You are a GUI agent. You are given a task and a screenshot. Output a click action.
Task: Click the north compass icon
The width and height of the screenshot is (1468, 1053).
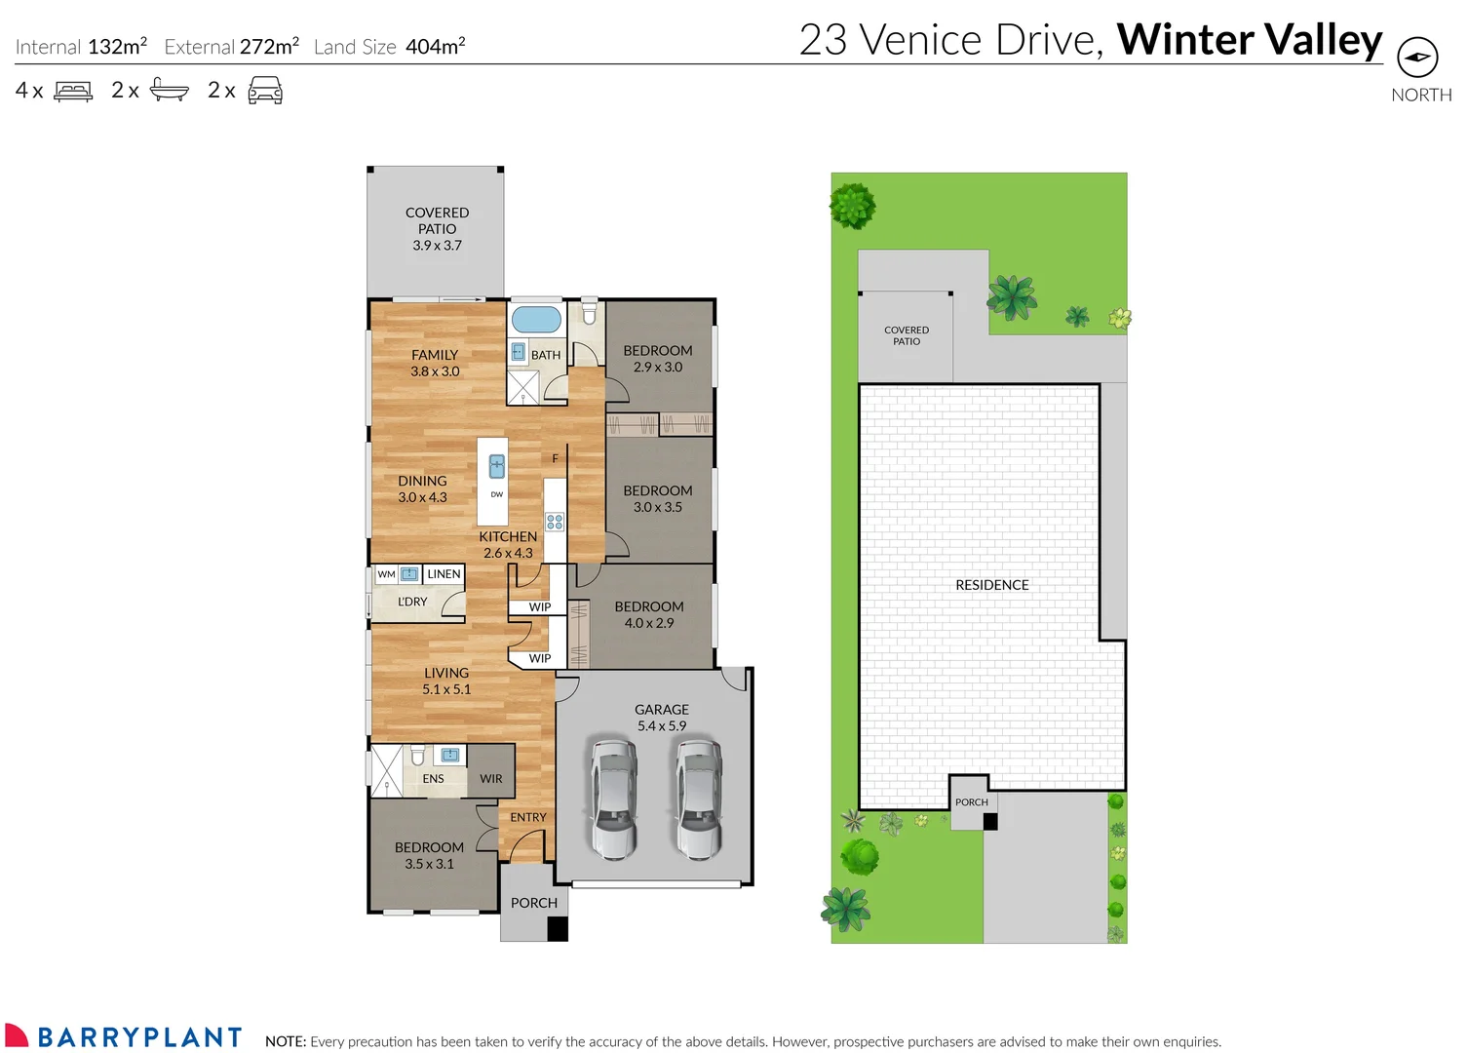(1417, 58)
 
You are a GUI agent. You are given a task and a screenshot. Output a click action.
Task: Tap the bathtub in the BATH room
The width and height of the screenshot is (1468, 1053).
(536, 319)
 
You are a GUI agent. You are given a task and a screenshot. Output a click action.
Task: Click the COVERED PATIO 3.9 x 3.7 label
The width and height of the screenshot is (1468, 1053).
(437, 229)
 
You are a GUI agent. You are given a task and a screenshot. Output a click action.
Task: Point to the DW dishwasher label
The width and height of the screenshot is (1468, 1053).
(497, 494)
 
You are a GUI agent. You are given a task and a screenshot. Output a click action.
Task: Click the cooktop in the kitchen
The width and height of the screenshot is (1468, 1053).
(555, 522)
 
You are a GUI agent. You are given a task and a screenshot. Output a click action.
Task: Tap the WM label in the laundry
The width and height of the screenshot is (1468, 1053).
(387, 574)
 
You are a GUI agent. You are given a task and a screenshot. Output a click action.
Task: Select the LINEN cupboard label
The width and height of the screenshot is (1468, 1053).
(444, 574)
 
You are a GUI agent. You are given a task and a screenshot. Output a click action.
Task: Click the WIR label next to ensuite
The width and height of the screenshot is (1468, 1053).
(491, 779)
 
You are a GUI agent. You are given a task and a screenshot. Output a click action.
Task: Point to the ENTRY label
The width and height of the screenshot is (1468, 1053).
(528, 817)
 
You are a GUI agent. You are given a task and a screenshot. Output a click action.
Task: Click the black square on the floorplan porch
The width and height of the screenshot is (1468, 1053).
(558, 929)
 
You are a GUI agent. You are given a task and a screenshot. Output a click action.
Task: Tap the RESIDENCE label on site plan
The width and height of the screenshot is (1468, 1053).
(992, 585)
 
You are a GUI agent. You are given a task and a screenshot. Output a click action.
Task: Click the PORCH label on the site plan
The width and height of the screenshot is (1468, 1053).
(972, 802)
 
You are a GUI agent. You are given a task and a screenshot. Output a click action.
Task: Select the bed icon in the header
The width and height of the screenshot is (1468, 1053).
(73, 92)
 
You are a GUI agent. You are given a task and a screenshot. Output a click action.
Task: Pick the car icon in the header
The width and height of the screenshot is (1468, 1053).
(265, 92)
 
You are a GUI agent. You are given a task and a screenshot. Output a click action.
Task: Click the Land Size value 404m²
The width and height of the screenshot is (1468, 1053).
(435, 47)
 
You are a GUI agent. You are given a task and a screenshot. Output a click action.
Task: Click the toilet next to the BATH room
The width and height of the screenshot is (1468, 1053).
(589, 312)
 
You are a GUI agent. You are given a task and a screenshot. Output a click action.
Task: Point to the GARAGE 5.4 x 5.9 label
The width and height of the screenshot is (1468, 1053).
(662, 718)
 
